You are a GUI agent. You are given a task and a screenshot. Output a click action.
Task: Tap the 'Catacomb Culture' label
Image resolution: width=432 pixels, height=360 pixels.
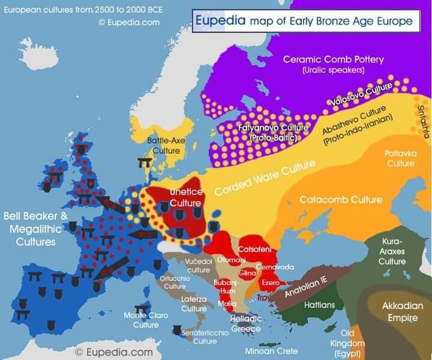[341, 200]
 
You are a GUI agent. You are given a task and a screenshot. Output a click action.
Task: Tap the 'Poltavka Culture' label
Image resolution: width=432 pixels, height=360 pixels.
[400, 158]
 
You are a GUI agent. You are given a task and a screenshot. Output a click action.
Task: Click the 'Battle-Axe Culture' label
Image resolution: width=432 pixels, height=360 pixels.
[166, 145]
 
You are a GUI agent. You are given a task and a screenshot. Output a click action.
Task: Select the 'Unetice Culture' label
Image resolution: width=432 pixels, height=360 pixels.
[186, 197]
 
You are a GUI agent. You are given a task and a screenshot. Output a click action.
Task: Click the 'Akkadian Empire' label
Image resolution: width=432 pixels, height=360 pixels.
[402, 311]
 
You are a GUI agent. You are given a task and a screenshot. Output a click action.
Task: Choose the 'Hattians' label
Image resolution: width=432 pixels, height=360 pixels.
[319, 305]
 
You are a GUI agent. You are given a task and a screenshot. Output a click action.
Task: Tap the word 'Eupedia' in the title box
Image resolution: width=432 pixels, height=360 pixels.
[220, 21]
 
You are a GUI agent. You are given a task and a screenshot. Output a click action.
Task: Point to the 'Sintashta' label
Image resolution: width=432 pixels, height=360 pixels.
[423, 120]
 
